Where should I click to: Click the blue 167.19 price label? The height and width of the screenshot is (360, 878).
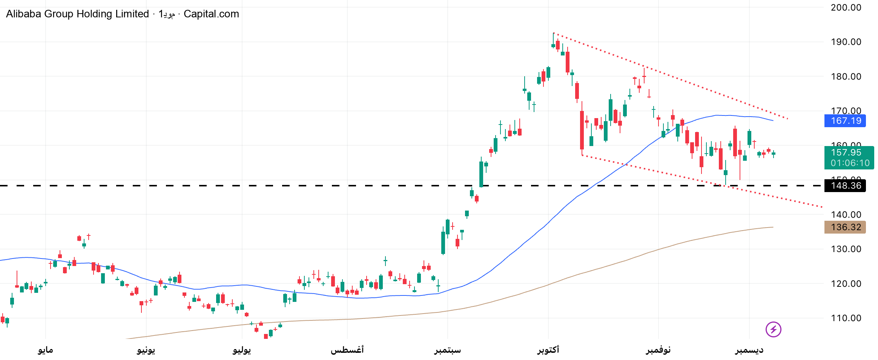846,121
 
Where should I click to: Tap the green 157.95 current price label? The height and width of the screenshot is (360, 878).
849,153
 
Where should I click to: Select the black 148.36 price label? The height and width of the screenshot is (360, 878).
846,186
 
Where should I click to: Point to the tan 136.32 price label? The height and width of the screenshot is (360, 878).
846,227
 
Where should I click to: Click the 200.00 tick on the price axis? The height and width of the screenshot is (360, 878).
846,8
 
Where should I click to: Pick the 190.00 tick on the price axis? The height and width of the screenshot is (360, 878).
846,42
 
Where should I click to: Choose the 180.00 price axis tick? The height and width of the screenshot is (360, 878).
846,77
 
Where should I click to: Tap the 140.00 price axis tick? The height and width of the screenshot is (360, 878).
846,215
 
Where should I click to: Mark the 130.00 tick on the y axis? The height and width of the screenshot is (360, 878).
846,249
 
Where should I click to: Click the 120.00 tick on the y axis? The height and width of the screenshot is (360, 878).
846,284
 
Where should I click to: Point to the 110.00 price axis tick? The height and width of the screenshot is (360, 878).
846,318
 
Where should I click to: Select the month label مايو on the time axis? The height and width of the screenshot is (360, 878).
45,350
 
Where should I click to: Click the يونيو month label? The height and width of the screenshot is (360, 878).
146,350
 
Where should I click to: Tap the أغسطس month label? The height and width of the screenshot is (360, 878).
347,350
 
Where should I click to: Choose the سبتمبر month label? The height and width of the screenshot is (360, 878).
448,350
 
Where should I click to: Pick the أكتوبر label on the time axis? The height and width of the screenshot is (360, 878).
548,350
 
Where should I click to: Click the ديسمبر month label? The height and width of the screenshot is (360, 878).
749,350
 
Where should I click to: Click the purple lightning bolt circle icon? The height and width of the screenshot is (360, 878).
774,329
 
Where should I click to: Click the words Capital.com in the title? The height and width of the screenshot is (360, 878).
211,14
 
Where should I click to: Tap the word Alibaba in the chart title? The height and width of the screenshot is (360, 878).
24,14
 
